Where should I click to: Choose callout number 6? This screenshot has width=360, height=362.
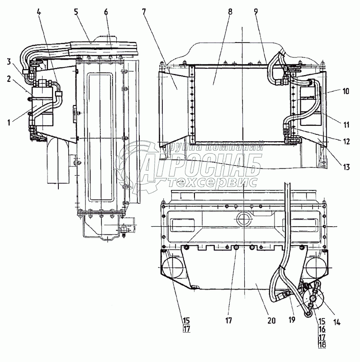pos(106,12)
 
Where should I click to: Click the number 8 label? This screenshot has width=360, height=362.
pos(230,12)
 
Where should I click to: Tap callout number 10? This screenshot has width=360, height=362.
pos(346,91)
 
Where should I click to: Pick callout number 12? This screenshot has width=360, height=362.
pos(346,141)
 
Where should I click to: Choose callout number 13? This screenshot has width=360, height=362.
pos(346,167)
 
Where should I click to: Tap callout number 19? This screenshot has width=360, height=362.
pos(292,319)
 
